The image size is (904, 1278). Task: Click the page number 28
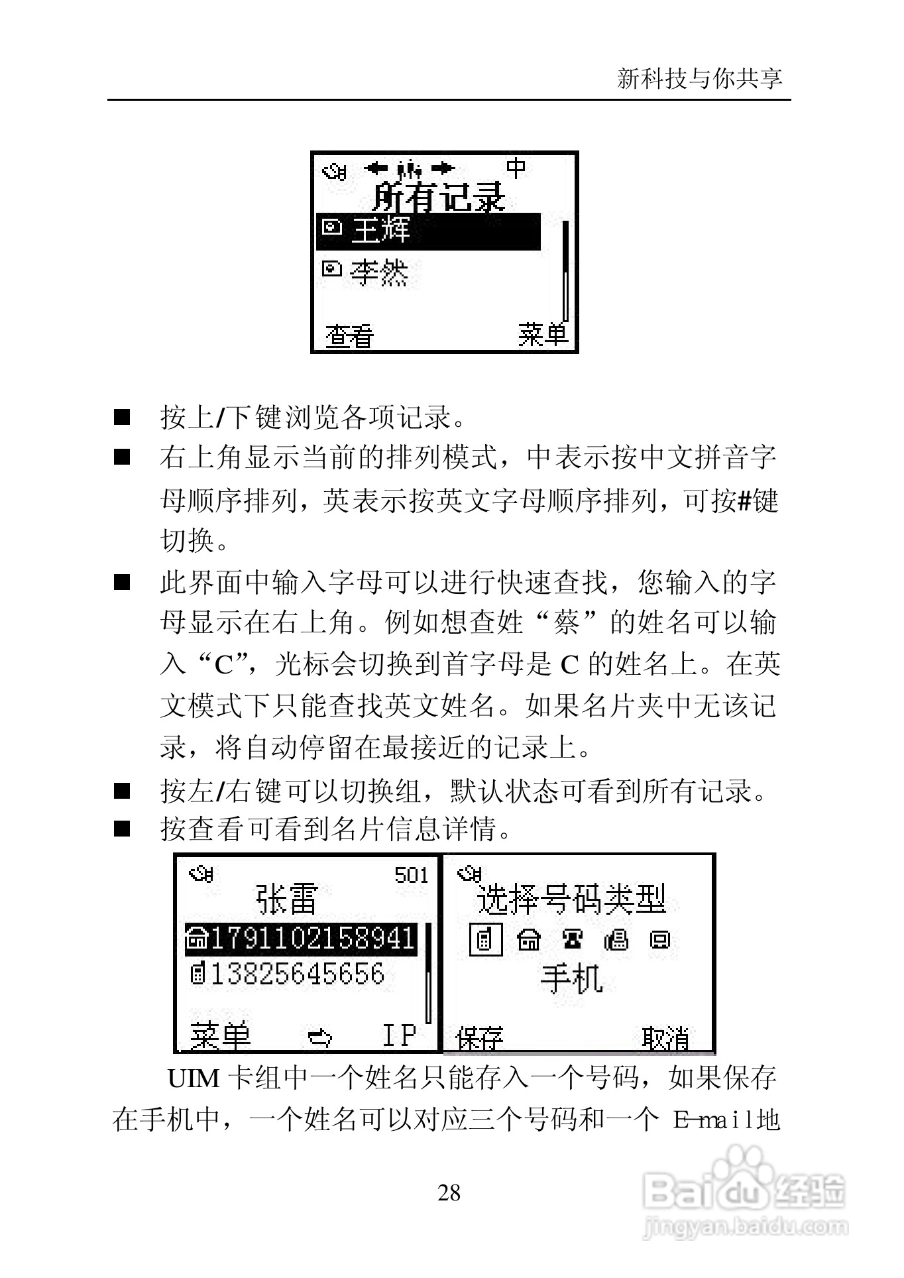449,1193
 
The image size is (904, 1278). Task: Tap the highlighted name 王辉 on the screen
380,231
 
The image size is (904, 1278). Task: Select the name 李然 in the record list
379,272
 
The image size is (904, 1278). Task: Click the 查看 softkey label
349,337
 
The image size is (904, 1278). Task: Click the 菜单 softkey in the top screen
543,335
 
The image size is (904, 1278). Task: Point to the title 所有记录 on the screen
439,197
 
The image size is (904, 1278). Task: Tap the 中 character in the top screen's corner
516,168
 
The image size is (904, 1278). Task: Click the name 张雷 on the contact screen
287,900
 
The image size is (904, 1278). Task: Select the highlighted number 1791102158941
311,938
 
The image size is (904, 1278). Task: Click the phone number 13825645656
296,974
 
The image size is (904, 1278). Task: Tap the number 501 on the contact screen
412,876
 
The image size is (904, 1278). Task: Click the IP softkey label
399,1035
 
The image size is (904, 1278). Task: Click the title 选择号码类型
571,900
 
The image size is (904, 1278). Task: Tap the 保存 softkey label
480,1039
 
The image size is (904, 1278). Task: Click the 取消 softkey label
665,1039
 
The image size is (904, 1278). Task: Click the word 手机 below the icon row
571,979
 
